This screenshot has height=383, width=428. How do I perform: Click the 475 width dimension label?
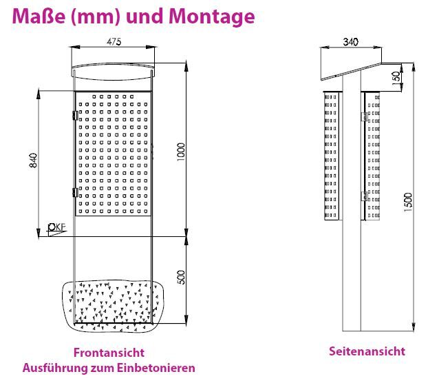(114, 42)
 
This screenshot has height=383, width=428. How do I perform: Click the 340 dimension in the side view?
(350, 42)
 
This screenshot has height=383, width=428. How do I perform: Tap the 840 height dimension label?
(33, 161)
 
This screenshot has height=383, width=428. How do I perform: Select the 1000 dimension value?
(181, 152)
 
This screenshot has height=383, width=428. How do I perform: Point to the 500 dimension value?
(181, 277)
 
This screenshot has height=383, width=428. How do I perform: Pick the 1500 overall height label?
(408, 202)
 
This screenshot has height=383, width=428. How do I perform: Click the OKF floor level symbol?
(57, 229)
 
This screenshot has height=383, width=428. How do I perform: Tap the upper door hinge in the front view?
(75, 115)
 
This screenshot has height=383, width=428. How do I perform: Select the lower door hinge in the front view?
(75, 192)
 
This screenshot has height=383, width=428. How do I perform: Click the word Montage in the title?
(211, 17)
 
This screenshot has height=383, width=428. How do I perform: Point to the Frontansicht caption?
(109, 353)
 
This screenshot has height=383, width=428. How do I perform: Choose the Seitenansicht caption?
(367, 351)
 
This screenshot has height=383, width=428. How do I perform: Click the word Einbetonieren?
(156, 368)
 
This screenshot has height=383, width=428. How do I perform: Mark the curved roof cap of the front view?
(113, 72)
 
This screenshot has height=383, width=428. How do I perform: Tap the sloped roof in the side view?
(351, 72)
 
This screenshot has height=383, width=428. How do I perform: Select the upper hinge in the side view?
(365, 116)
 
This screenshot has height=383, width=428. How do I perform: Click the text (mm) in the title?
(95, 17)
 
